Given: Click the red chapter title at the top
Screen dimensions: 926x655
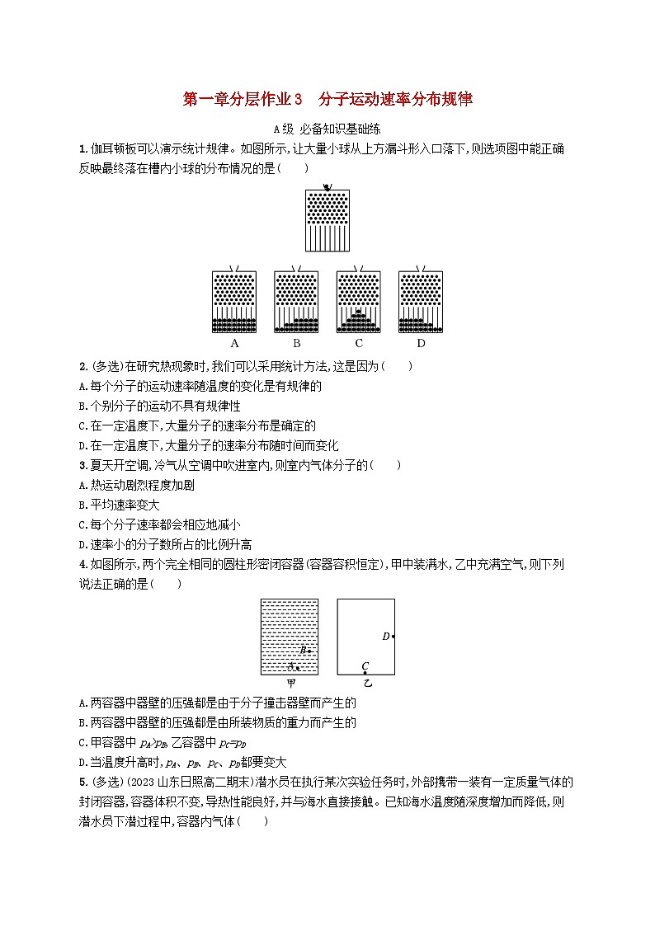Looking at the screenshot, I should click(327, 100).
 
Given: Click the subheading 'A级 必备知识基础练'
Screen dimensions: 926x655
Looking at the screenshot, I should click(327, 129).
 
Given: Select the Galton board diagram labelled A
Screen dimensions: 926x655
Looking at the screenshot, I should click(234, 299).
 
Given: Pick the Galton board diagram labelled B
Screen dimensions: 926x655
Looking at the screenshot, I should click(296, 299).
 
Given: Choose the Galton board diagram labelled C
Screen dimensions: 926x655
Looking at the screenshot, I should click(359, 299).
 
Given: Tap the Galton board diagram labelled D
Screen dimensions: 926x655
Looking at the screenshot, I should click(421, 299).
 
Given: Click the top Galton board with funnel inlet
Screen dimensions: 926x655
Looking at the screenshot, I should click(327, 219).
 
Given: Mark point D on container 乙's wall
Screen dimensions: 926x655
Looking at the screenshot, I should click(393, 636).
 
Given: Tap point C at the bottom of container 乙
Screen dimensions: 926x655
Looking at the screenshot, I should click(365, 673).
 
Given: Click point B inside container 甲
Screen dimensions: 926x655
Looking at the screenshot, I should click(309, 651).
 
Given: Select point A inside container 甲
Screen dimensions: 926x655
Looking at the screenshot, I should click(298, 667).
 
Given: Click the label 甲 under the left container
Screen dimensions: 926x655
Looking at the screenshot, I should click(290, 684).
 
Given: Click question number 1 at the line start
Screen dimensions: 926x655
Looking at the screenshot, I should click(82, 149).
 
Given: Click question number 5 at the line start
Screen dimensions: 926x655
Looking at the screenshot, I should click(82, 782).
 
